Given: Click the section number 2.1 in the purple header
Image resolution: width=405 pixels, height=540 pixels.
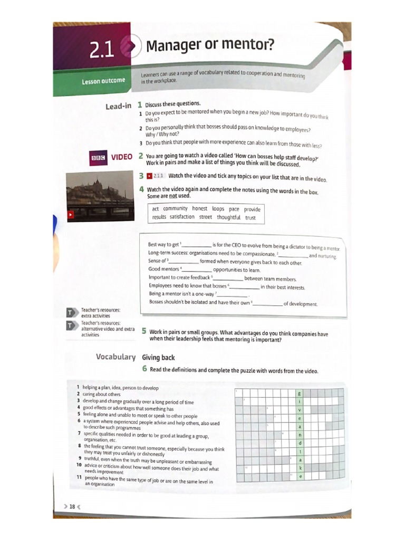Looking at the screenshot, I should pyautogui.click(x=102, y=50).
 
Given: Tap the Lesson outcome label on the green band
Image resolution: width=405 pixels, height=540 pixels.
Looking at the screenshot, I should pyautogui.click(x=103, y=81).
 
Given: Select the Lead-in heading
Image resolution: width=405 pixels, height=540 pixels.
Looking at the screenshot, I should pyautogui.click(x=118, y=107).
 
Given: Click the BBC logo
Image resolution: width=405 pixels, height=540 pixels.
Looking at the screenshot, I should pyautogui.click(x=99, y=158).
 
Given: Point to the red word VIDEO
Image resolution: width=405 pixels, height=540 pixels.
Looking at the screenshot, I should pyautogui.click(x=121, y=157).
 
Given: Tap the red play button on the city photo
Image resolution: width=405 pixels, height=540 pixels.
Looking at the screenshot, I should pyautogui.click(x=70, y=215).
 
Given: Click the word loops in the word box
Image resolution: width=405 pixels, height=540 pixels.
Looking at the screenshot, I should pyautogui.click(x=218, y=209).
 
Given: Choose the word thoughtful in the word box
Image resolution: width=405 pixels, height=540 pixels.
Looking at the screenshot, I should pyautogui.click(x=228, y=217).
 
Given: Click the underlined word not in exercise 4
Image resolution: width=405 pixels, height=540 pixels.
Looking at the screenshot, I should pyautogui.click(x=172, y=196).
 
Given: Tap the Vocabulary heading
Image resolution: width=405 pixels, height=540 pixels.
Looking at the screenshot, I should pyautogui.click(x=115, y=357).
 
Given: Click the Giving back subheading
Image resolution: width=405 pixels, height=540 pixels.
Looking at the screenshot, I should pyautogui.click(x=158, y=358).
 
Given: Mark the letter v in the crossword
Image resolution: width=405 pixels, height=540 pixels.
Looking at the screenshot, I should pyautogui.click(x=300, y=410).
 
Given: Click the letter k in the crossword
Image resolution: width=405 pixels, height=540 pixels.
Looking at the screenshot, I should pyautogui.click(x=300, y=468).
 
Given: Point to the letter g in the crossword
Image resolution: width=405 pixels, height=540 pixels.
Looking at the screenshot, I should pyautogui.click(x=300, y=393).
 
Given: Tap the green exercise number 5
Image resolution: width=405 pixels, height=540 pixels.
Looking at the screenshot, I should pyautogui.click(x=144, y=332).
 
